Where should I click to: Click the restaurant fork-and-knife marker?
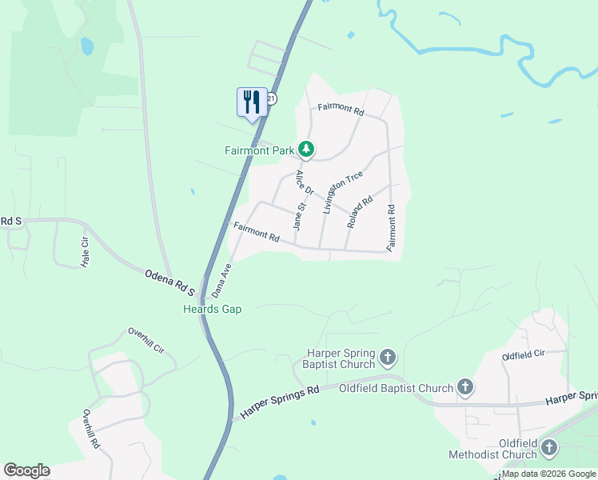(252, 102)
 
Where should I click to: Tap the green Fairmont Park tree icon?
(306, 149)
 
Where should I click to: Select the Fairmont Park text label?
(260, 150)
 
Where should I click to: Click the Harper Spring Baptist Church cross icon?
(388, 356)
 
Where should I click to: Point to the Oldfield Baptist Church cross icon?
(465, 388)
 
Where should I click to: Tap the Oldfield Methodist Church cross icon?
(549, 449)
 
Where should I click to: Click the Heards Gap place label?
(212, 309)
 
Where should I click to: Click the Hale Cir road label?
(82, 251)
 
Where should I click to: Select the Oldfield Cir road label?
(523, 353)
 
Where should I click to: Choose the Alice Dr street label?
(305, 182)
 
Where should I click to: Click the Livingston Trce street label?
(342, 192)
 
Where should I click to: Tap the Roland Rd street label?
(360, 213)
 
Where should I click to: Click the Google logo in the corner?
(26, 470)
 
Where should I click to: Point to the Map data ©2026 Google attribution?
(548, 474)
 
